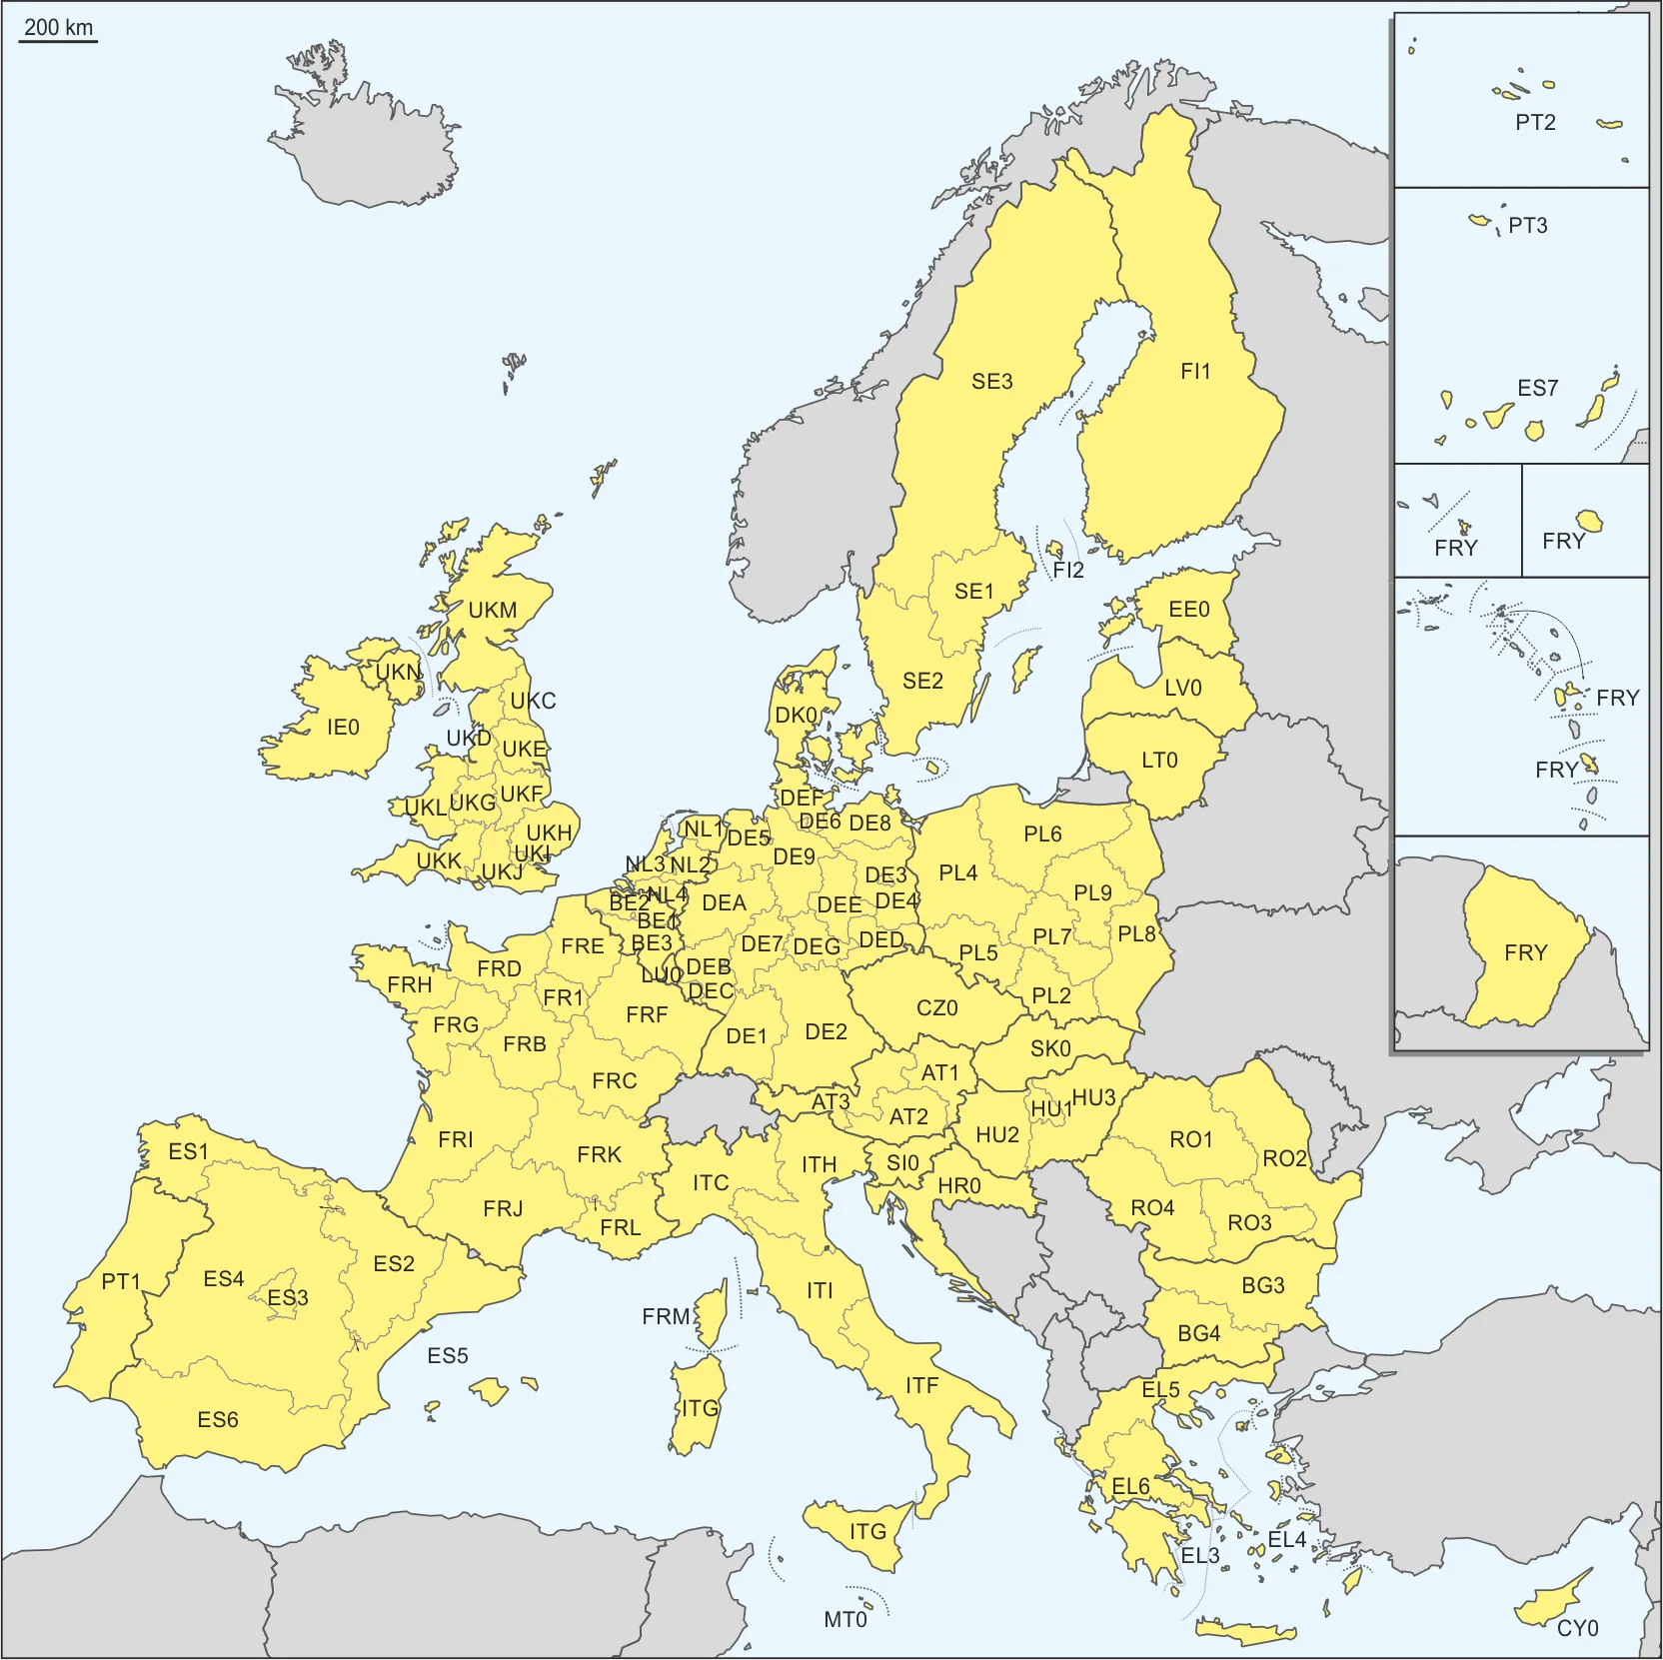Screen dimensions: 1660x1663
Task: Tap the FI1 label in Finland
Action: pyautogui.click(x=1195, y=372)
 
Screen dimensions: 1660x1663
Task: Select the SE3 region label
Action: pyautogui.click(x=992, y=381)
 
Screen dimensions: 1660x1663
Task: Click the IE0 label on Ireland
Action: pyautogui.click(x=343, y=728)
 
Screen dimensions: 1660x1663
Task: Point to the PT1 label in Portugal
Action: pyautogui.click(x=121, y=1281)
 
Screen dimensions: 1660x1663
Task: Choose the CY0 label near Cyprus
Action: pyautogui.click(x=1578, y=1628)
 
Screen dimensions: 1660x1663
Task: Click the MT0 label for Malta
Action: pyautogui.click(x=845, y=1620)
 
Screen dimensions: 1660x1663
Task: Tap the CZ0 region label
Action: pyautogui.click(x=937, y=1008)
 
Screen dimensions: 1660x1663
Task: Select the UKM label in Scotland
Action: pyautogui.click(x=493, y=611)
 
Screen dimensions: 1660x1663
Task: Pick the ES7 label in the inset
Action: pyautogui.click(x=1537, y=388)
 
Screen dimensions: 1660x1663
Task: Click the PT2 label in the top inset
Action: pyautogui.click(x=1535, y=123)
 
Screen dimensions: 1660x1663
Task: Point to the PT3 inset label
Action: pyautogui.click(x=1528, y=226)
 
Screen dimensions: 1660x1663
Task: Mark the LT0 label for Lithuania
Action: pyautogui.click(x=1159, y=761)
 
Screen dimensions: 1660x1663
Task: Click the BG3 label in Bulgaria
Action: pyautogui.click(x=1263, y=1285)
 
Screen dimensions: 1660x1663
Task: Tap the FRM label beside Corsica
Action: pyautogui.click(x=666, y=1317)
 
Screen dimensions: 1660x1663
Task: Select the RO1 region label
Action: pyautogui.click(x=1191, y=1139)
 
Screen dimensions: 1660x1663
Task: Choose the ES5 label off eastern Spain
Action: pyautogui.click(x=448, y=1356)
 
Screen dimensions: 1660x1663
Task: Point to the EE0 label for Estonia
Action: pyautogui.click(x=1189, y=610)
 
